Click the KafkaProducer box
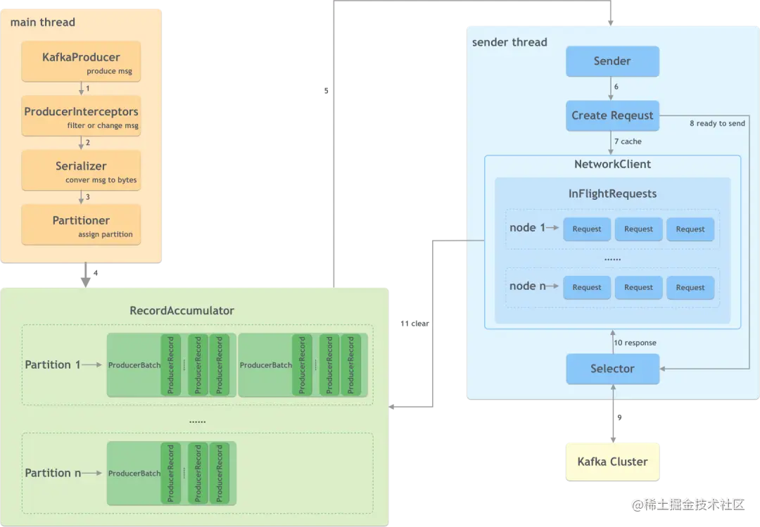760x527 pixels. [81, 61]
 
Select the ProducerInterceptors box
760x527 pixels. [81, 116]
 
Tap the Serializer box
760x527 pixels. [81, 170]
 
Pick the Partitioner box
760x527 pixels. [81, 224]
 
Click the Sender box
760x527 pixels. [612, 61]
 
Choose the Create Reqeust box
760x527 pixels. [612, 115]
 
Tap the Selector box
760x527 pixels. [612, 369]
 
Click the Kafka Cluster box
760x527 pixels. [612, 462]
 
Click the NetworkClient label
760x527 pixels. [612, 164]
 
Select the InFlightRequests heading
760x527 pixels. [612, 193]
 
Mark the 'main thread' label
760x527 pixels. [42, 22]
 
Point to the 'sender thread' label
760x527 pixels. [509, 42]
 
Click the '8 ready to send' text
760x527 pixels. [717, 124]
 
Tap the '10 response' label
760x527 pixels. [634, 343]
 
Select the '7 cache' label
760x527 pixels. [628, 141]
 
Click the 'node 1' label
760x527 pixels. [528, 228]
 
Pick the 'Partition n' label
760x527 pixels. [53, 473]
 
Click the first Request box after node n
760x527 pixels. [587, 287]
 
